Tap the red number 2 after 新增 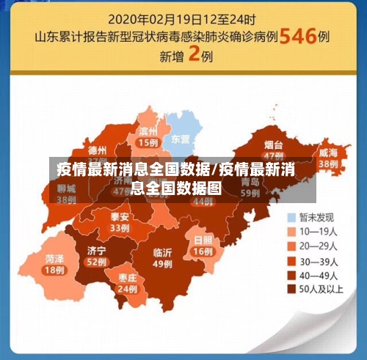click(x=195, y=55)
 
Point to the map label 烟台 click(x=274, y=145)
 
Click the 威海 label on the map click(x=327, y=153)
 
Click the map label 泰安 click(x=119, y=217)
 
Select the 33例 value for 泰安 click(x=119, y=229)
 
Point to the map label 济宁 click(x=96, y=250)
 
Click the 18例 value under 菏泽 click(x=54, y=271)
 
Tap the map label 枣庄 click(x=127, y=278)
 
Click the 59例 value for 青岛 click(x=250, y=193)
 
